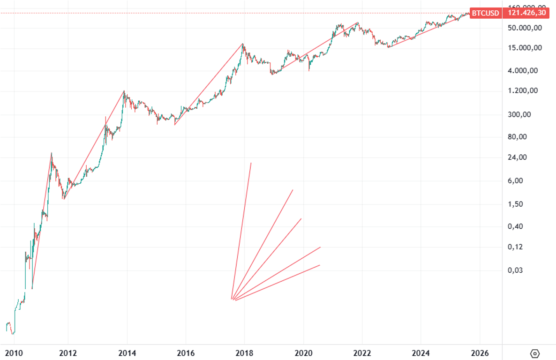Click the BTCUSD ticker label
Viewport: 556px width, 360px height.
[485, 13]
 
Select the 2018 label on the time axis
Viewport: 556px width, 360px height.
[244, 353]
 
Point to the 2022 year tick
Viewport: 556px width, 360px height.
[362, 353]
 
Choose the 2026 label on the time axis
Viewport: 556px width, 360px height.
[480, 353]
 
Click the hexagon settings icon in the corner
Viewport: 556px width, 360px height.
[535, 353]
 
